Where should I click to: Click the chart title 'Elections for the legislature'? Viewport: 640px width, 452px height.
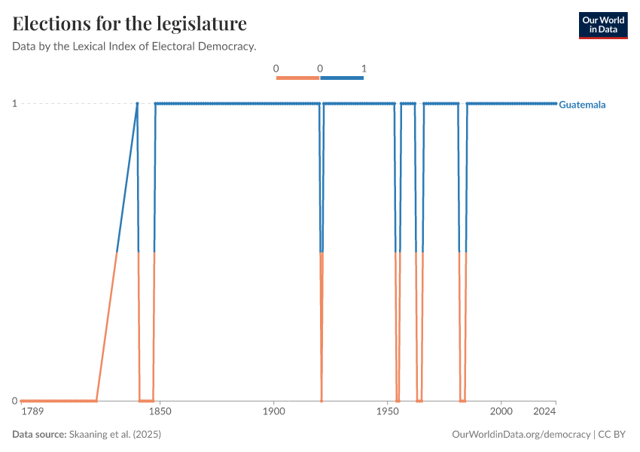(130, 24)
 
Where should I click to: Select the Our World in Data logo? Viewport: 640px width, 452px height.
(603, 25)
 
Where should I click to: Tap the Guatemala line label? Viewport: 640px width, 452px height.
(582, 105)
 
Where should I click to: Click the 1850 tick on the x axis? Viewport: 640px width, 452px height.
(160, 412)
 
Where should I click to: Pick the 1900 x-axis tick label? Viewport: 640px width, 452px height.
(273, 412)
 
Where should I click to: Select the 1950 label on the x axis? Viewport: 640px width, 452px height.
(387, 412)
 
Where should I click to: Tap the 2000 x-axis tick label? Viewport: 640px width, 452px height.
(501, 412)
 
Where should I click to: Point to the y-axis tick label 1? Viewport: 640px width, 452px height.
(14, 103)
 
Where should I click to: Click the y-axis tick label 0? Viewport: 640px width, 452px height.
(14, 401)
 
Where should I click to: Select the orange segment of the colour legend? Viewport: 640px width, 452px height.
(298, 78)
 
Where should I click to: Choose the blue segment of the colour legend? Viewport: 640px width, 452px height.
(342, 78)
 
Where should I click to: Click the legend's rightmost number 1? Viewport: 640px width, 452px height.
(364, 69)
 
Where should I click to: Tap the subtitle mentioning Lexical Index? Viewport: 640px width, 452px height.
(135, 47)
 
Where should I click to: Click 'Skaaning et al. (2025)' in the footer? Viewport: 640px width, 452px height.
(115, 435)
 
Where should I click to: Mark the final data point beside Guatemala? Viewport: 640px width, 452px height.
(556, 103)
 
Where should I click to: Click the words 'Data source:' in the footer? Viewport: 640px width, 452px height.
(39, 435)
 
